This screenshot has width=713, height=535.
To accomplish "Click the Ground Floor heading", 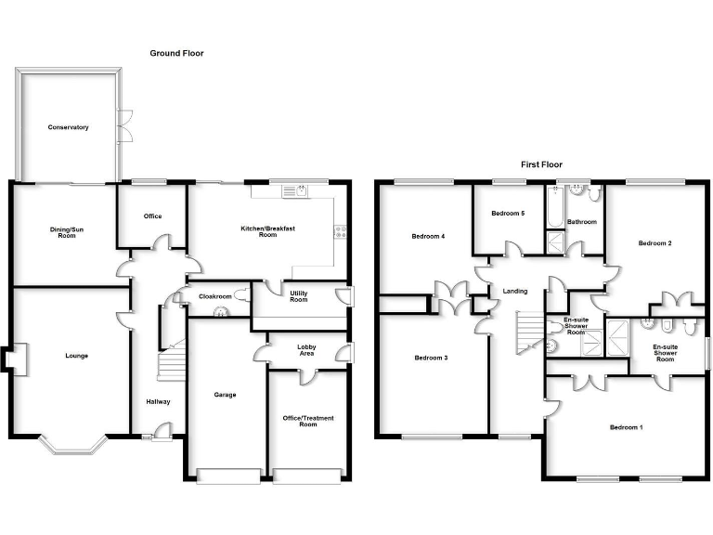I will tap(176, 54).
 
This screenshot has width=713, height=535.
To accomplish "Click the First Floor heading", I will tap(541, 164).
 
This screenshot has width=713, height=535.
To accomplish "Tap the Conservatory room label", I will tap(68, 127).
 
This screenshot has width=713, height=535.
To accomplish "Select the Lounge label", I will tap(76, 356).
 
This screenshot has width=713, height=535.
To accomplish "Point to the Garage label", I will tap(225, 395).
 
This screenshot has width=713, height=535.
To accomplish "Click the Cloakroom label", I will tap(215, 296).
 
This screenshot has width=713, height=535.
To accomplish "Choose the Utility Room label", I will tap(298, 296).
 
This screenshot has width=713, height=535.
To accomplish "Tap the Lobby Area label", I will tap(306, 351).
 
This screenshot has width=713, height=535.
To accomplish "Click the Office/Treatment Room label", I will tap(307, 422).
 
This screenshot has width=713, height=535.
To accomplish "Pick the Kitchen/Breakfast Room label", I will tap(259, 231).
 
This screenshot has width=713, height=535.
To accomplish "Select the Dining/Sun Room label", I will tap(63, 232).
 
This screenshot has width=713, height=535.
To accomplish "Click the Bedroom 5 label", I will tap(508, 214).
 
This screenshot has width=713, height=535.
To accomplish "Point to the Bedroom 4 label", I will tap(428, 237).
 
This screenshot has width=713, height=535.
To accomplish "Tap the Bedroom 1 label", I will tap(626, 427).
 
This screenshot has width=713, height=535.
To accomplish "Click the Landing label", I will tap(515, 292).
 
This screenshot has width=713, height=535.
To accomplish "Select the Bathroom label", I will tap(581, 222).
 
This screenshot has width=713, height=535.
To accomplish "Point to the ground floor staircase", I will tap(170, 362).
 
